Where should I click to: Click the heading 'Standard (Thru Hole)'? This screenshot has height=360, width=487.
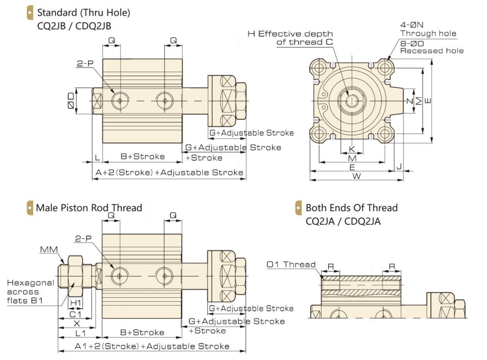[x=84, y=13]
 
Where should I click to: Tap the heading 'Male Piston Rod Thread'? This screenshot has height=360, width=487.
[x=89, y=207]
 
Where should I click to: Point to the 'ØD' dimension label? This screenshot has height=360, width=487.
[x=71, y=101]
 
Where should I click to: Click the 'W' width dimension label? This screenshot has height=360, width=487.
[x=356, y=176]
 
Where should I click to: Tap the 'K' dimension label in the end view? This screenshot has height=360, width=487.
[x=352, y=149]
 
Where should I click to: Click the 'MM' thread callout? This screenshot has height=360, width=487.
[x=49, y=249]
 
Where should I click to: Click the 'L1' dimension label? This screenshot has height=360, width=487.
[x=80, y=333]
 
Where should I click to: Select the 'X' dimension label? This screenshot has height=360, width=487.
[x=76, y=324]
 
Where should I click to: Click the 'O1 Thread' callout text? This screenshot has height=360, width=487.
[x=291, y=265]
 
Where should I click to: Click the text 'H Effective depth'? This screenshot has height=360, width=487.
[x=290, y=34]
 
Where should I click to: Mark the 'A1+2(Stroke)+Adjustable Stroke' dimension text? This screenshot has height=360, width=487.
[x=152, y=346]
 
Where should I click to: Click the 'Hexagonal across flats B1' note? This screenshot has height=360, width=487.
[x=30, y=292]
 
